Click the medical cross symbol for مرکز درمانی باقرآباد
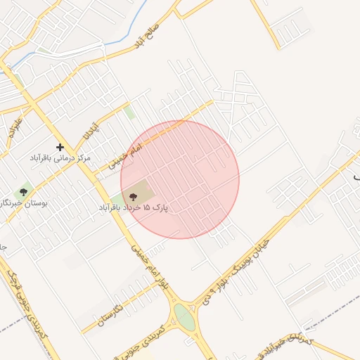click(x=60, y=147)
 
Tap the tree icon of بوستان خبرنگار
click(x=24, y=191)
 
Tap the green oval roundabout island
click(x=184, y=316)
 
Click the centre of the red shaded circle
click(x=180, y=179)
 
